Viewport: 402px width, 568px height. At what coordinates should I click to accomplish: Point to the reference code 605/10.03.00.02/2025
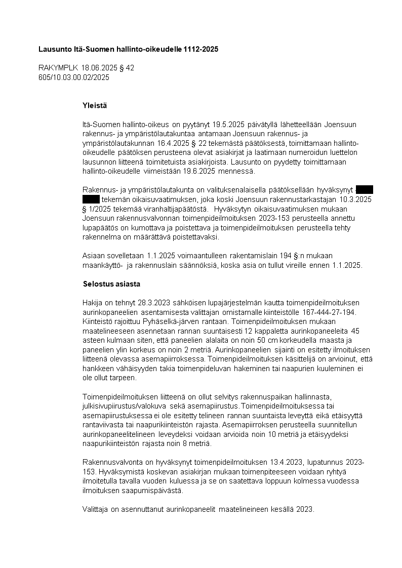(x=74, y=77)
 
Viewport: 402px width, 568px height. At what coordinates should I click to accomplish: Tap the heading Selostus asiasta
(x=111, y=283)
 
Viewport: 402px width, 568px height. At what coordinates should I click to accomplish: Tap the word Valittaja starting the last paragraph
(x=96, y=509)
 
